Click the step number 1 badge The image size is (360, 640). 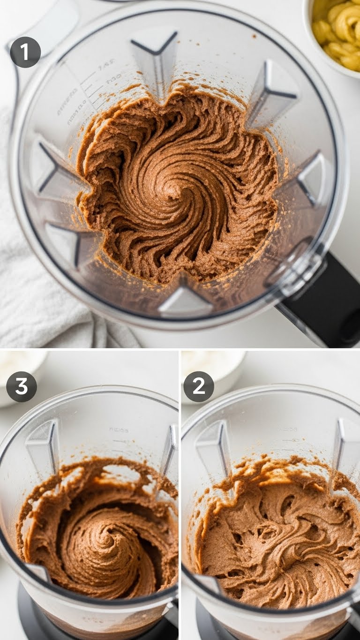tap(25, 52)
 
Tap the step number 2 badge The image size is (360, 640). tap(199, 386)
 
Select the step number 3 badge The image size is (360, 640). tap(22, 386)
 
